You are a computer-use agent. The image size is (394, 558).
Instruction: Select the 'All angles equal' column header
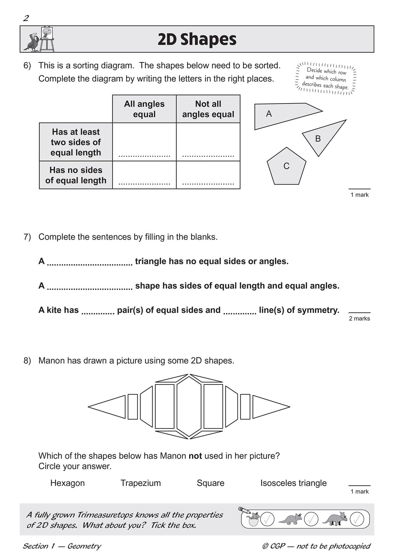(x=144, y=109)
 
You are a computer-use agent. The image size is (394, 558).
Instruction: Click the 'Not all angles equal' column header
(x=208, y=109)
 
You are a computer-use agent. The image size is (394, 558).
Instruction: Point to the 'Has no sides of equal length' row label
(x=76, y=175)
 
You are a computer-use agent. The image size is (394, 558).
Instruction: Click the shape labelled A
(x=279, y=115)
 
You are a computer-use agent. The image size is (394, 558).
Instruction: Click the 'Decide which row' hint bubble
(x=326, y=79)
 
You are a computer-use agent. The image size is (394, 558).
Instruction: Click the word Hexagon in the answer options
(x=68, y=483)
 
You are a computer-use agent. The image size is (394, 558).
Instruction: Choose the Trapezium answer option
(x=141, y=483)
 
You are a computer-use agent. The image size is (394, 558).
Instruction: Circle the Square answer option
(x=210, y=483)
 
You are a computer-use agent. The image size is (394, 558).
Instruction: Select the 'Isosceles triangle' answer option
(x=294, y=483)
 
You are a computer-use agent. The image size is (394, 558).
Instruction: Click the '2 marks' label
(x=359, y=318)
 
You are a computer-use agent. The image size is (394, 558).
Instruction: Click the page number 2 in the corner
(x=26, y=18)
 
